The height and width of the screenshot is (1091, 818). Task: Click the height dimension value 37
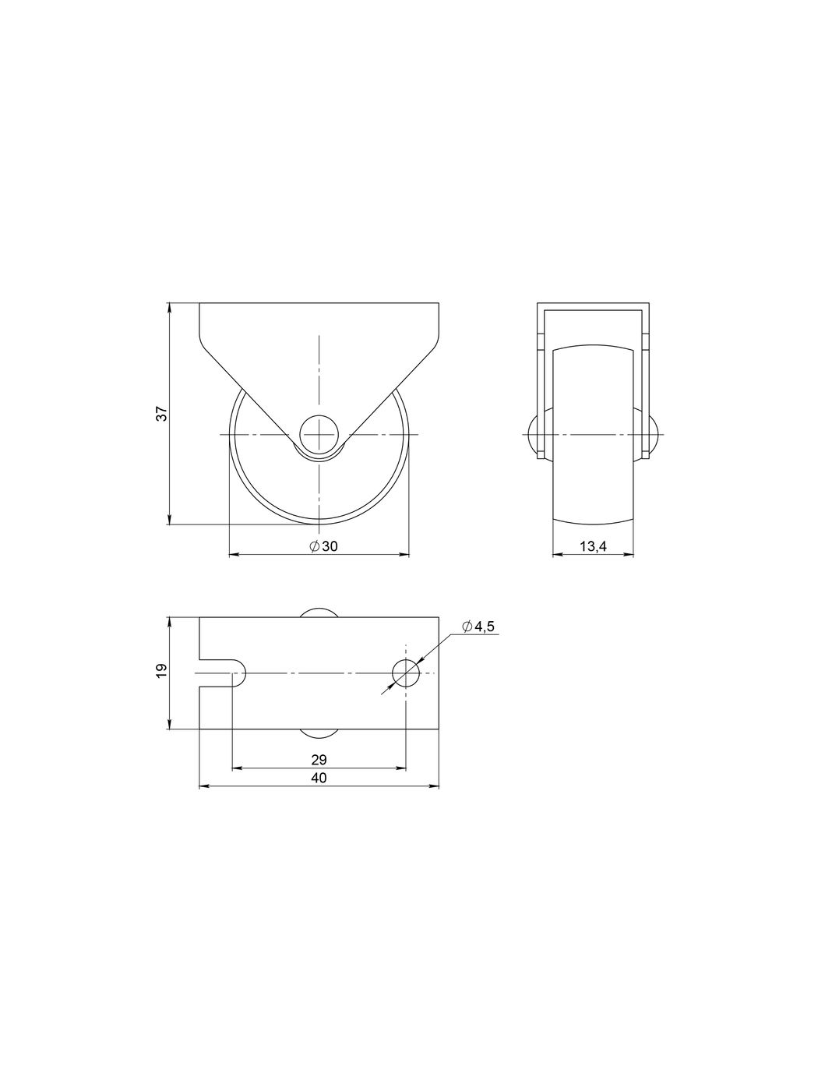pos(162,413)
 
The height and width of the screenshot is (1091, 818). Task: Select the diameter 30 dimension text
pos(323,547)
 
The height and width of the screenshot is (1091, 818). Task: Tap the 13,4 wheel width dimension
pos(593,547)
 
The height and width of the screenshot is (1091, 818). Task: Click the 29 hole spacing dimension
pos(319,760)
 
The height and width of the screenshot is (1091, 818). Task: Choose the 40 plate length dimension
pos(319,778)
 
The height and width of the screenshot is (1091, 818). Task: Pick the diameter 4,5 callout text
pos(478,627)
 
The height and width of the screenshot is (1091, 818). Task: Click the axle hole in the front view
pos(319,434)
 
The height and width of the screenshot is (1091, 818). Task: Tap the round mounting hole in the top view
pos(406,673)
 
